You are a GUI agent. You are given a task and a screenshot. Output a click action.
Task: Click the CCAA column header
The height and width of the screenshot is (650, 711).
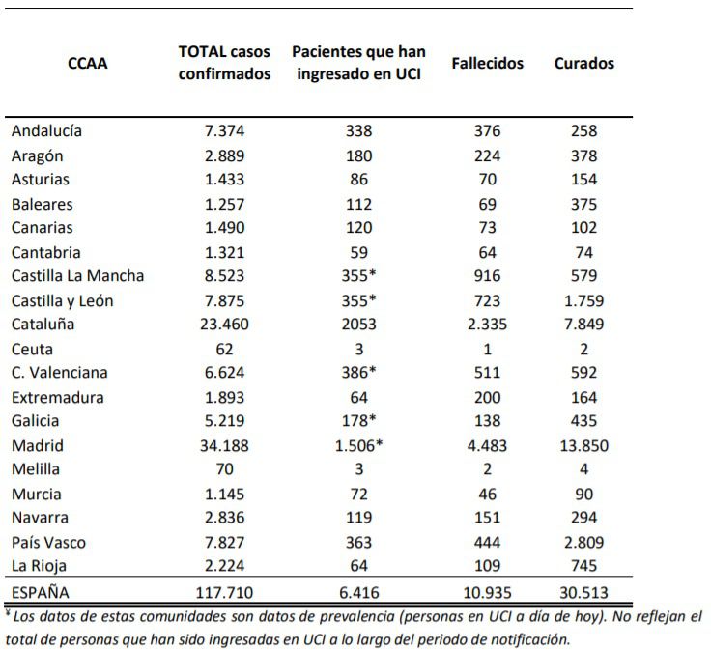pos(88,63)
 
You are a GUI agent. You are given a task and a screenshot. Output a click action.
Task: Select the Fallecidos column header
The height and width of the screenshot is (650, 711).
pos(488,63)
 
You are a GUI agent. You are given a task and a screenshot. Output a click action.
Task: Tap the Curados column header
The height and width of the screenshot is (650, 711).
pos(584,63)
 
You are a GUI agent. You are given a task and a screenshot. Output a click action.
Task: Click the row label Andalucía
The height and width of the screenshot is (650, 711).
pos(46,130)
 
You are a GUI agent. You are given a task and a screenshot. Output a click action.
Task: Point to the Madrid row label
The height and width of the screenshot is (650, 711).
pos(38,445)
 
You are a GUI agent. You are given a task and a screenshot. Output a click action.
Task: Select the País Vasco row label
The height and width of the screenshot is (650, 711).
pos(48,542)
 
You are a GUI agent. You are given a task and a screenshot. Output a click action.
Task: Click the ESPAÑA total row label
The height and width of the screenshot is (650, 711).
pos(41,592)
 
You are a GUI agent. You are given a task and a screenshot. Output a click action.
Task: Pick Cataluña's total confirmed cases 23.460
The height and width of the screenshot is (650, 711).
pos(224,325)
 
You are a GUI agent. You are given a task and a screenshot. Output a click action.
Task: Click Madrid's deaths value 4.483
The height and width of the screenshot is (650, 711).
pos(488,445)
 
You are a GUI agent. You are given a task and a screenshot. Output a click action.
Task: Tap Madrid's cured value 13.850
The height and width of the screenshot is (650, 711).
pos(584,445)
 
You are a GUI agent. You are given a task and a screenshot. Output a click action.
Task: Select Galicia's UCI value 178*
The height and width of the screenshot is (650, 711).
pos(358,420)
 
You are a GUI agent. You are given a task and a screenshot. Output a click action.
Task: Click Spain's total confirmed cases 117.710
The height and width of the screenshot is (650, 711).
pos(224,592)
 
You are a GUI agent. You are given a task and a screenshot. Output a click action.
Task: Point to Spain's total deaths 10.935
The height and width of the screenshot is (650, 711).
pos(488,592)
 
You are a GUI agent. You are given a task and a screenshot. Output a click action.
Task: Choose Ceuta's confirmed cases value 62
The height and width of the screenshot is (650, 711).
pos(224,349)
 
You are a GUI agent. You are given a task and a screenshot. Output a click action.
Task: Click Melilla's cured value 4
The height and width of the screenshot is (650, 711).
pos(584,468)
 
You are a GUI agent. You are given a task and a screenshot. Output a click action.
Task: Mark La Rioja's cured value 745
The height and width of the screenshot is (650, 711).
pos(584,565)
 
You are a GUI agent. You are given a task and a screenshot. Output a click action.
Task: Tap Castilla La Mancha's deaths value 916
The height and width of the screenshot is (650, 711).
pos(488,275)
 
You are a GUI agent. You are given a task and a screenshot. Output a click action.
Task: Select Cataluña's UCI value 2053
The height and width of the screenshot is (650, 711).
pos(358,325)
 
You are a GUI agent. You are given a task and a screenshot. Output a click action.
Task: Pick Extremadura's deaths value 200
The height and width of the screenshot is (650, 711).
pos(488,397)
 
